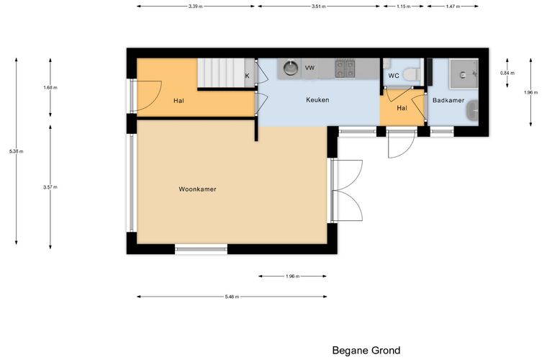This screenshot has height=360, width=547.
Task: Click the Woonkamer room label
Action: (197, 189)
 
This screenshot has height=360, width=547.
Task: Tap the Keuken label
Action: (317, 100)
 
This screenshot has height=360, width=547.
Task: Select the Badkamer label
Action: (448, 101)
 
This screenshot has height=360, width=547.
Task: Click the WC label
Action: (394, 76)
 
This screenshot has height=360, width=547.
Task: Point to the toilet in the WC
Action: (411, 75)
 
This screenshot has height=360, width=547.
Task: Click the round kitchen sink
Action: (290, 68)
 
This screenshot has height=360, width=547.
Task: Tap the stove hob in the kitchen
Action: (345, 68)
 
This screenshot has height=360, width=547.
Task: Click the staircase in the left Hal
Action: (221, 73)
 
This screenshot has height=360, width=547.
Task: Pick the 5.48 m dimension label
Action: (232, 297)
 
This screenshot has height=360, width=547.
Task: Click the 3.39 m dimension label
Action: (195, 6)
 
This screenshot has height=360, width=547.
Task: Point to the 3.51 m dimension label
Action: (319, 6)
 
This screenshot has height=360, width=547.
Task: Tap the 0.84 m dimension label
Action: (507, 73)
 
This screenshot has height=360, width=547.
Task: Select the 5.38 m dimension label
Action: (17, 151)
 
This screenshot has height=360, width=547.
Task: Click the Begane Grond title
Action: (366, 350)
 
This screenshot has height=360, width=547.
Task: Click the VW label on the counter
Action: (309, 68)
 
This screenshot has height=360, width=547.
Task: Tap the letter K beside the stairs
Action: (248, 76)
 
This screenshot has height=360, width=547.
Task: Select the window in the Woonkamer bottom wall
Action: (201, 249)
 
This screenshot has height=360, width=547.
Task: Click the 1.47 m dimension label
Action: (453, 6)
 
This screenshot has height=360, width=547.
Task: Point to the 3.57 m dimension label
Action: (50, 187)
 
